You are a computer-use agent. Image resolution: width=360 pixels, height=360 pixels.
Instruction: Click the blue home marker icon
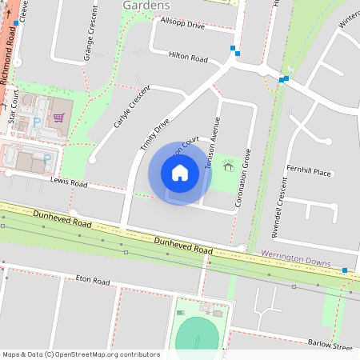(180, 173)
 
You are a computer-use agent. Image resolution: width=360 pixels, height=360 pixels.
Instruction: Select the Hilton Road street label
(188, 58)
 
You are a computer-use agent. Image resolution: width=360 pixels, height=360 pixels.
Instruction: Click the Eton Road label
(92, 281)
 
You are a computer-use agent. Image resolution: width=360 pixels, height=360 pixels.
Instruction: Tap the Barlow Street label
(330, 346)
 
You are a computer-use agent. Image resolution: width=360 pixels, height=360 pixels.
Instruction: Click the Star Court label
(14, 105)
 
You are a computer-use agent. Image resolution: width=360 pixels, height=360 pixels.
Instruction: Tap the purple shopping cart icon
(58, 117)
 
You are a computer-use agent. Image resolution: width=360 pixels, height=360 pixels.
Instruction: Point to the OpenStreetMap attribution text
(82, 354)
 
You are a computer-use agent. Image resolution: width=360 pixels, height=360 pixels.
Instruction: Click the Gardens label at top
(145, 6)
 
